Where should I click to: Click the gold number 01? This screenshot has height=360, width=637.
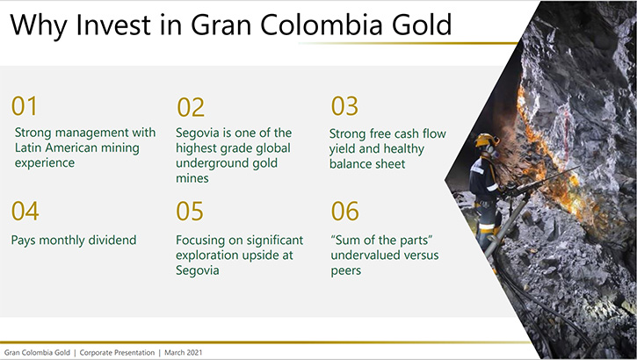24,106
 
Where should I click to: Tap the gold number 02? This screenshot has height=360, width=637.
191,107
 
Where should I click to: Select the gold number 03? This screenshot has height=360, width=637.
344,106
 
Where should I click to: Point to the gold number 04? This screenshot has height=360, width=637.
25,211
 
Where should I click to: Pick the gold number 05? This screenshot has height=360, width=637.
190,211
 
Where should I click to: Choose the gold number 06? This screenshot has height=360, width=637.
345,211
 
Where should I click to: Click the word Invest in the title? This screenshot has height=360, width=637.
113,25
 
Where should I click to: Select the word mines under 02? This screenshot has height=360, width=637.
192,178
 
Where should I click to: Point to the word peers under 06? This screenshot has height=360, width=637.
345,271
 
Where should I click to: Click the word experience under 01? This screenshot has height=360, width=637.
45,163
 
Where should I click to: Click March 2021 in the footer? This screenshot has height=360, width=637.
184,353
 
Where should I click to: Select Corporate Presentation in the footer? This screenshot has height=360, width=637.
117,353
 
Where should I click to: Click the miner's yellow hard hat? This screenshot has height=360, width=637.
487,140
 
